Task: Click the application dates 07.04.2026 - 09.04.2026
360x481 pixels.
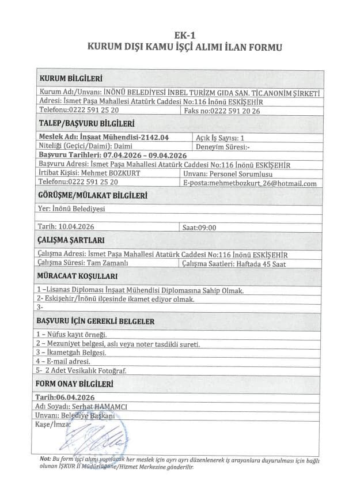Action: [x=144, y=156]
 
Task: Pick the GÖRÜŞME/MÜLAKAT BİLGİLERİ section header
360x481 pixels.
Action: [x=92, y=196]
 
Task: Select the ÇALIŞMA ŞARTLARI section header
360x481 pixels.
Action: [x=71, y=241]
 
